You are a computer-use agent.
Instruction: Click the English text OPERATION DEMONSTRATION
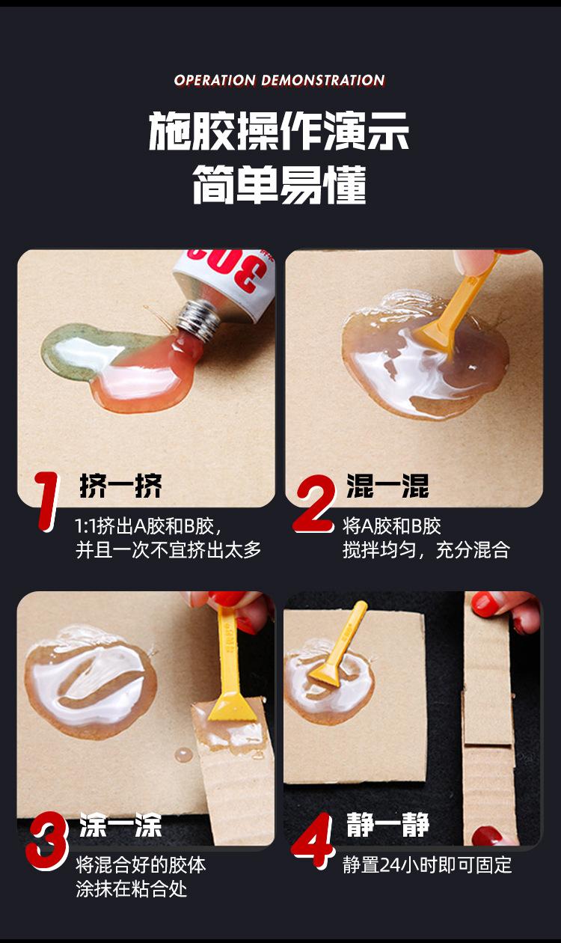click(x=280, y=80)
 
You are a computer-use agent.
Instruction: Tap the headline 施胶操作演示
click(x=279, y=131)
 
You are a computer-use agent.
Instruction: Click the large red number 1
click(x=46, y=501)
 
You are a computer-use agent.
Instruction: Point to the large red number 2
click(x=314, y=504)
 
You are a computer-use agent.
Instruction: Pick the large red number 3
click(x=46, y=840)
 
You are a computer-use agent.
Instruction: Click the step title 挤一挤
click(x=120, y=486)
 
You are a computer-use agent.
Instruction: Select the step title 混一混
click(x=387, y=486)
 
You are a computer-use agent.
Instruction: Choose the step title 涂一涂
click(x=120, y=825)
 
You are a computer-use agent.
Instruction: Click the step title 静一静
click(x=387, y=824)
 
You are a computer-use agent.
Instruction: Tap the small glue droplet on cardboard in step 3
click(x=184, y=755)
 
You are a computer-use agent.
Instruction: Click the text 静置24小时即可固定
click(x=427, y=865)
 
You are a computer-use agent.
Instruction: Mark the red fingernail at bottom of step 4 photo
click(x=488, y=835)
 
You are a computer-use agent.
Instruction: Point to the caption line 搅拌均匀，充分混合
click(x=426, y=550)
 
